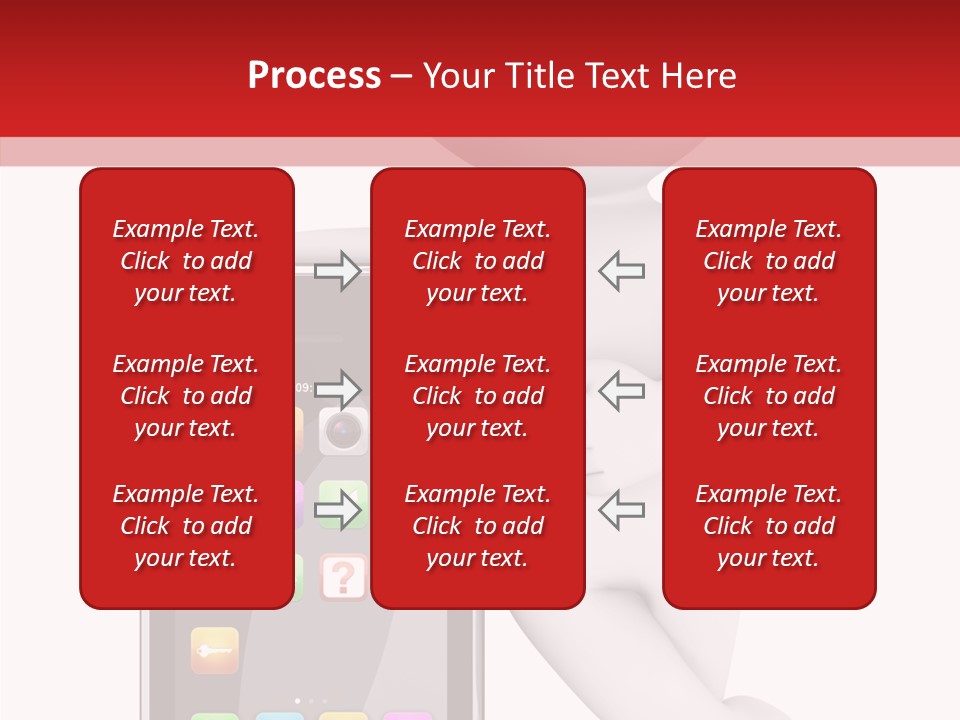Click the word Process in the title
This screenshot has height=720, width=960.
pyautogui.click(x=314, y=76)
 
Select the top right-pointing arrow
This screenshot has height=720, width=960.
pyautogui.click(x=337, y=271)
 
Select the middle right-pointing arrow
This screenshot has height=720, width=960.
pyautogui.click(x=337, y=389)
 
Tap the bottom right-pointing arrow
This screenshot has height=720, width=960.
pyautogui.click(x=337, y=510)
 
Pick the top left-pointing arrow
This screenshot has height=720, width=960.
pyautogui.click(x=622, y=271)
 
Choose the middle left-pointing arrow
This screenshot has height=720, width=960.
pyautogui.click(x=622, y=389)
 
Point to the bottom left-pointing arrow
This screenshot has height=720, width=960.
pyautogui.click(x=622, y=510)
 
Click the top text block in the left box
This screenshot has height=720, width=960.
pyautogui.click(x=186, y=261)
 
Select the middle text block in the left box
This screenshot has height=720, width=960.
pyautogui.click(x=186, y=396)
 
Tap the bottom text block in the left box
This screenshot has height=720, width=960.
pyautogui.click(x=186, y=526)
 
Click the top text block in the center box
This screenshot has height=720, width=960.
pyautogui.click(x=478, y=261)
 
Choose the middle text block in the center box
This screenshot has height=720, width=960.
pyautogui.click(x=478, y=396)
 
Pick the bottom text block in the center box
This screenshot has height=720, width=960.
pyautogui.click(x=478, y=526)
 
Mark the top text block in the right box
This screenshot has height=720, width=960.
pyautogui.click(x=769, y=261)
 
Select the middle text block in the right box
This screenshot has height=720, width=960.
pyautogui.click(x=769, y=396)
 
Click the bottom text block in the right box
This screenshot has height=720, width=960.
pyautogui.click(x=769, y=526)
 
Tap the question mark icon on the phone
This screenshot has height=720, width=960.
pyautogui.click(x=343, y=578)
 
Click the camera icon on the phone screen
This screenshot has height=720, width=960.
pyautogui.click(x=343, y=430)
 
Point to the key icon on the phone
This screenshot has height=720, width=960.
pyautogui.click(x=215, y=650)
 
